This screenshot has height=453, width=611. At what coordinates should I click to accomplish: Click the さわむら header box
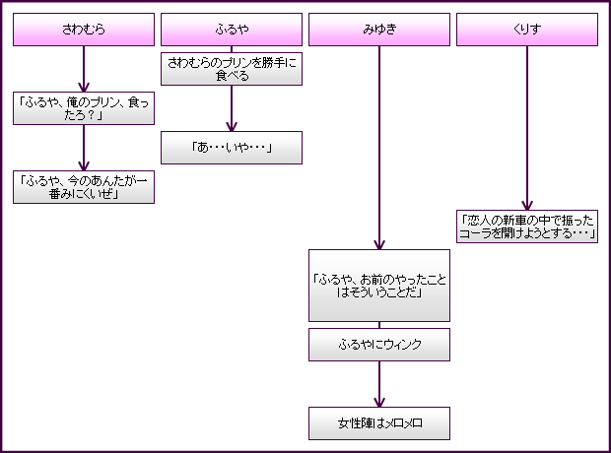(x=84, y=30)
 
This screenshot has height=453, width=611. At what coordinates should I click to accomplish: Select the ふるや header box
(x=232, y=30)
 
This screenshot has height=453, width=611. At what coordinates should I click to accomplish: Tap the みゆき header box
(x=379, y=30)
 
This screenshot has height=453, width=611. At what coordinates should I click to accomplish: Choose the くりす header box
(x=527, y=30)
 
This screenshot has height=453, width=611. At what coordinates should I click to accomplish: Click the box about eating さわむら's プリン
(x=232, y=68)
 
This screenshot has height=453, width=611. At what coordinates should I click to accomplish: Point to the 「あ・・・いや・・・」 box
(x=232, y=148)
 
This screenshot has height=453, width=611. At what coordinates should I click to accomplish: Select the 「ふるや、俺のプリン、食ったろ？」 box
(x=84, y=108)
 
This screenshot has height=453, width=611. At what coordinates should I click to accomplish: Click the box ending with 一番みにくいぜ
(x=84, y=187)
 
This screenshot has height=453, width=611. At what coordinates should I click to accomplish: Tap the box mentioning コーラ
(x=527, y=226)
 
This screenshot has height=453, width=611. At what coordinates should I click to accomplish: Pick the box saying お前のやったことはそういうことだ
(x=379, y=286)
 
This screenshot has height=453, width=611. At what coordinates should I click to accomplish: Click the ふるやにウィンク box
(x=379, y=345)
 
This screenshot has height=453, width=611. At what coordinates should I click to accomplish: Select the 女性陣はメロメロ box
(x=379, y=423)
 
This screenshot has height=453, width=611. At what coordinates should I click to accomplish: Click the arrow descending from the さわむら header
(x=84, y=69)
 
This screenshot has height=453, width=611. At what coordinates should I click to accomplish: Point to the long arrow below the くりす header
(x=527, y=128)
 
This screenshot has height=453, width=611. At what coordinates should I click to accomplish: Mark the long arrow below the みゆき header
(x=379, y=148)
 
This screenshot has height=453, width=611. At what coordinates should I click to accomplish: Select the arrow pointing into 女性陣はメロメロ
(x=379, y=384)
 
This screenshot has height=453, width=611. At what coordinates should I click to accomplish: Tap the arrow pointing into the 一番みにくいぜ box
(x=84, y=148)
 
